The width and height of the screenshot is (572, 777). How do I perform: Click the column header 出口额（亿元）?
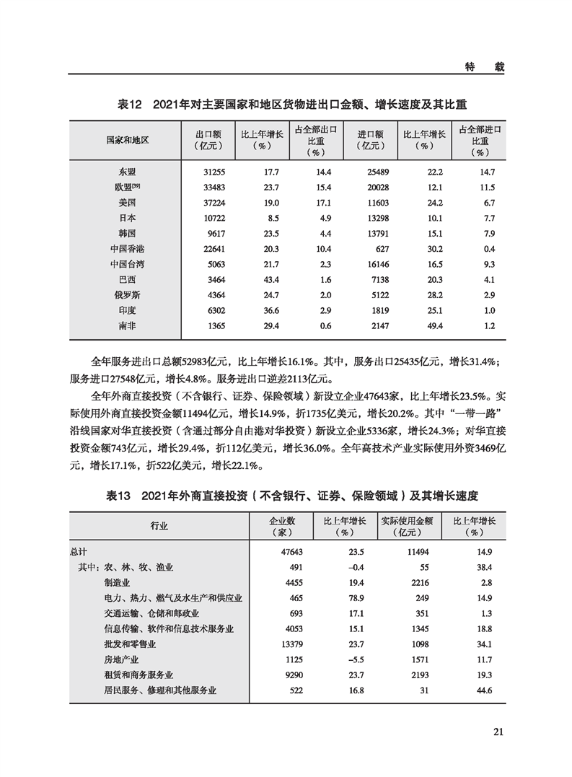tap(209, 139)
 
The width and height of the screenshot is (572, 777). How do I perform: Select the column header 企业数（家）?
tap(281, 527)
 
